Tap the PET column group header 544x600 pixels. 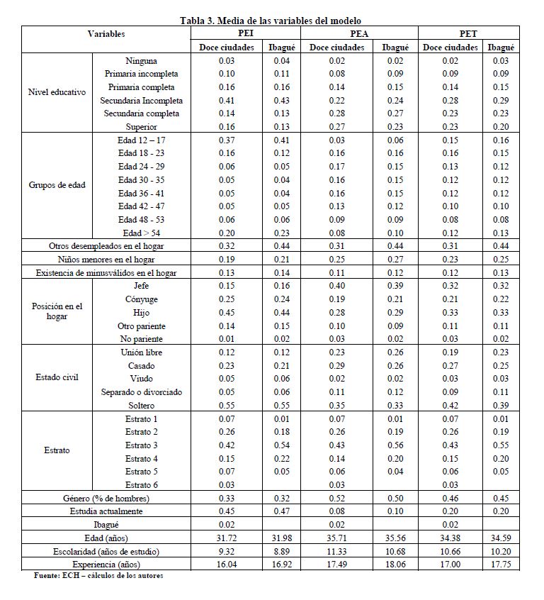click(468, 33)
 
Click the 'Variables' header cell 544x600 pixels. click(106, 33)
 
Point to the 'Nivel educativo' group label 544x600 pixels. click(57, 92)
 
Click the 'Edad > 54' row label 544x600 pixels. click(142, 233)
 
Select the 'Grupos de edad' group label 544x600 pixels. click(57, 186)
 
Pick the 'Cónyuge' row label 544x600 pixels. click(142, 299)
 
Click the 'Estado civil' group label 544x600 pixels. click(57, 377)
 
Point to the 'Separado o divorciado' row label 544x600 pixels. click(142, 392)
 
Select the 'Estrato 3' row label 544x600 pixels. click(142, 445)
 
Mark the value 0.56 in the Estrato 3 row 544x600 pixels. click(395, 445)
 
